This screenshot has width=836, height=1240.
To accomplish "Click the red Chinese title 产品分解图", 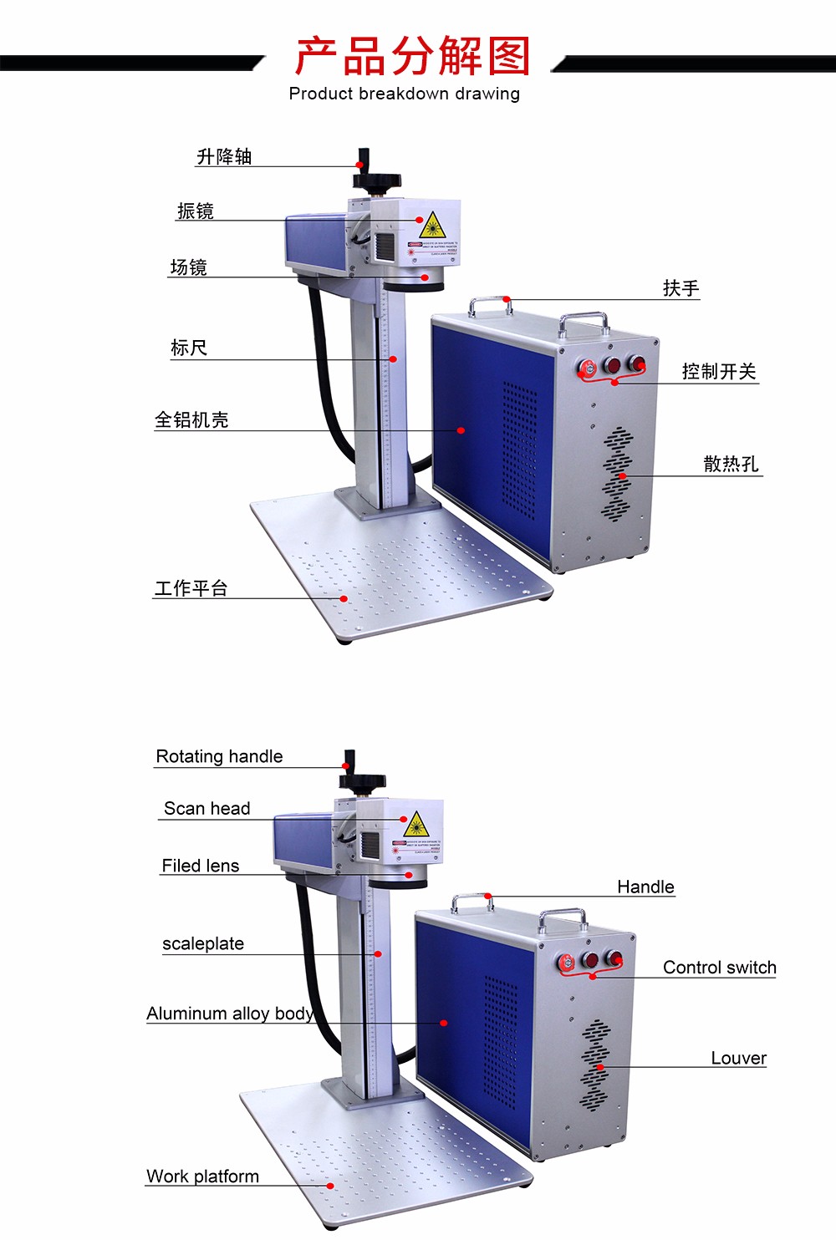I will (413, 56).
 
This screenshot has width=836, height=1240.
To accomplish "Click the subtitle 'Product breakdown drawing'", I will (405, 94).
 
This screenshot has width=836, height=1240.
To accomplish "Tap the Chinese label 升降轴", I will (224, 156).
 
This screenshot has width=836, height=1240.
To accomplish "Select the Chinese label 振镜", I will (196, 211).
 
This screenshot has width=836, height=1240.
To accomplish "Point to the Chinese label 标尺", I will (189, 348).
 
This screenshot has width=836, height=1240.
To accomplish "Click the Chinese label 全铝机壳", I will (191, 419).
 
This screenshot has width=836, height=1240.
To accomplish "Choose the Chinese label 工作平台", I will (191, 588).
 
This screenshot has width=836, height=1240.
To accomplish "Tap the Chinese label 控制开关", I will (719, 371).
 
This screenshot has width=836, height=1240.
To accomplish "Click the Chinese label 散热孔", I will (731, 464).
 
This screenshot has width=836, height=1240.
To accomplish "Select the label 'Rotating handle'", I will (219, 756).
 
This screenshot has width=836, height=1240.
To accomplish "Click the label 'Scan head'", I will (206, 808).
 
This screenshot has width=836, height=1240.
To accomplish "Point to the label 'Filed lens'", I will (201, 866).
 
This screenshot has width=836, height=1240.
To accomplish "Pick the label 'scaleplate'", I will (203, 943).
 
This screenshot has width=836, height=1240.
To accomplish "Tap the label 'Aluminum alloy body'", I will (230, 1014).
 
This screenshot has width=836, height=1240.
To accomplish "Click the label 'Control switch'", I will (719, 968).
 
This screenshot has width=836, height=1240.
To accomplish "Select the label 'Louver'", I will (738, 1058).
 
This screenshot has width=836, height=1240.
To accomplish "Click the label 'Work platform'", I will (202, 1176).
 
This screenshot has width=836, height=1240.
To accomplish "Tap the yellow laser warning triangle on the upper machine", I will (431, 226).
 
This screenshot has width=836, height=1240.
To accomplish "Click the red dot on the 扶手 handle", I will (507, 299).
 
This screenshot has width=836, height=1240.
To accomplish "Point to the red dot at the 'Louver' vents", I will (599, 1067).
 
